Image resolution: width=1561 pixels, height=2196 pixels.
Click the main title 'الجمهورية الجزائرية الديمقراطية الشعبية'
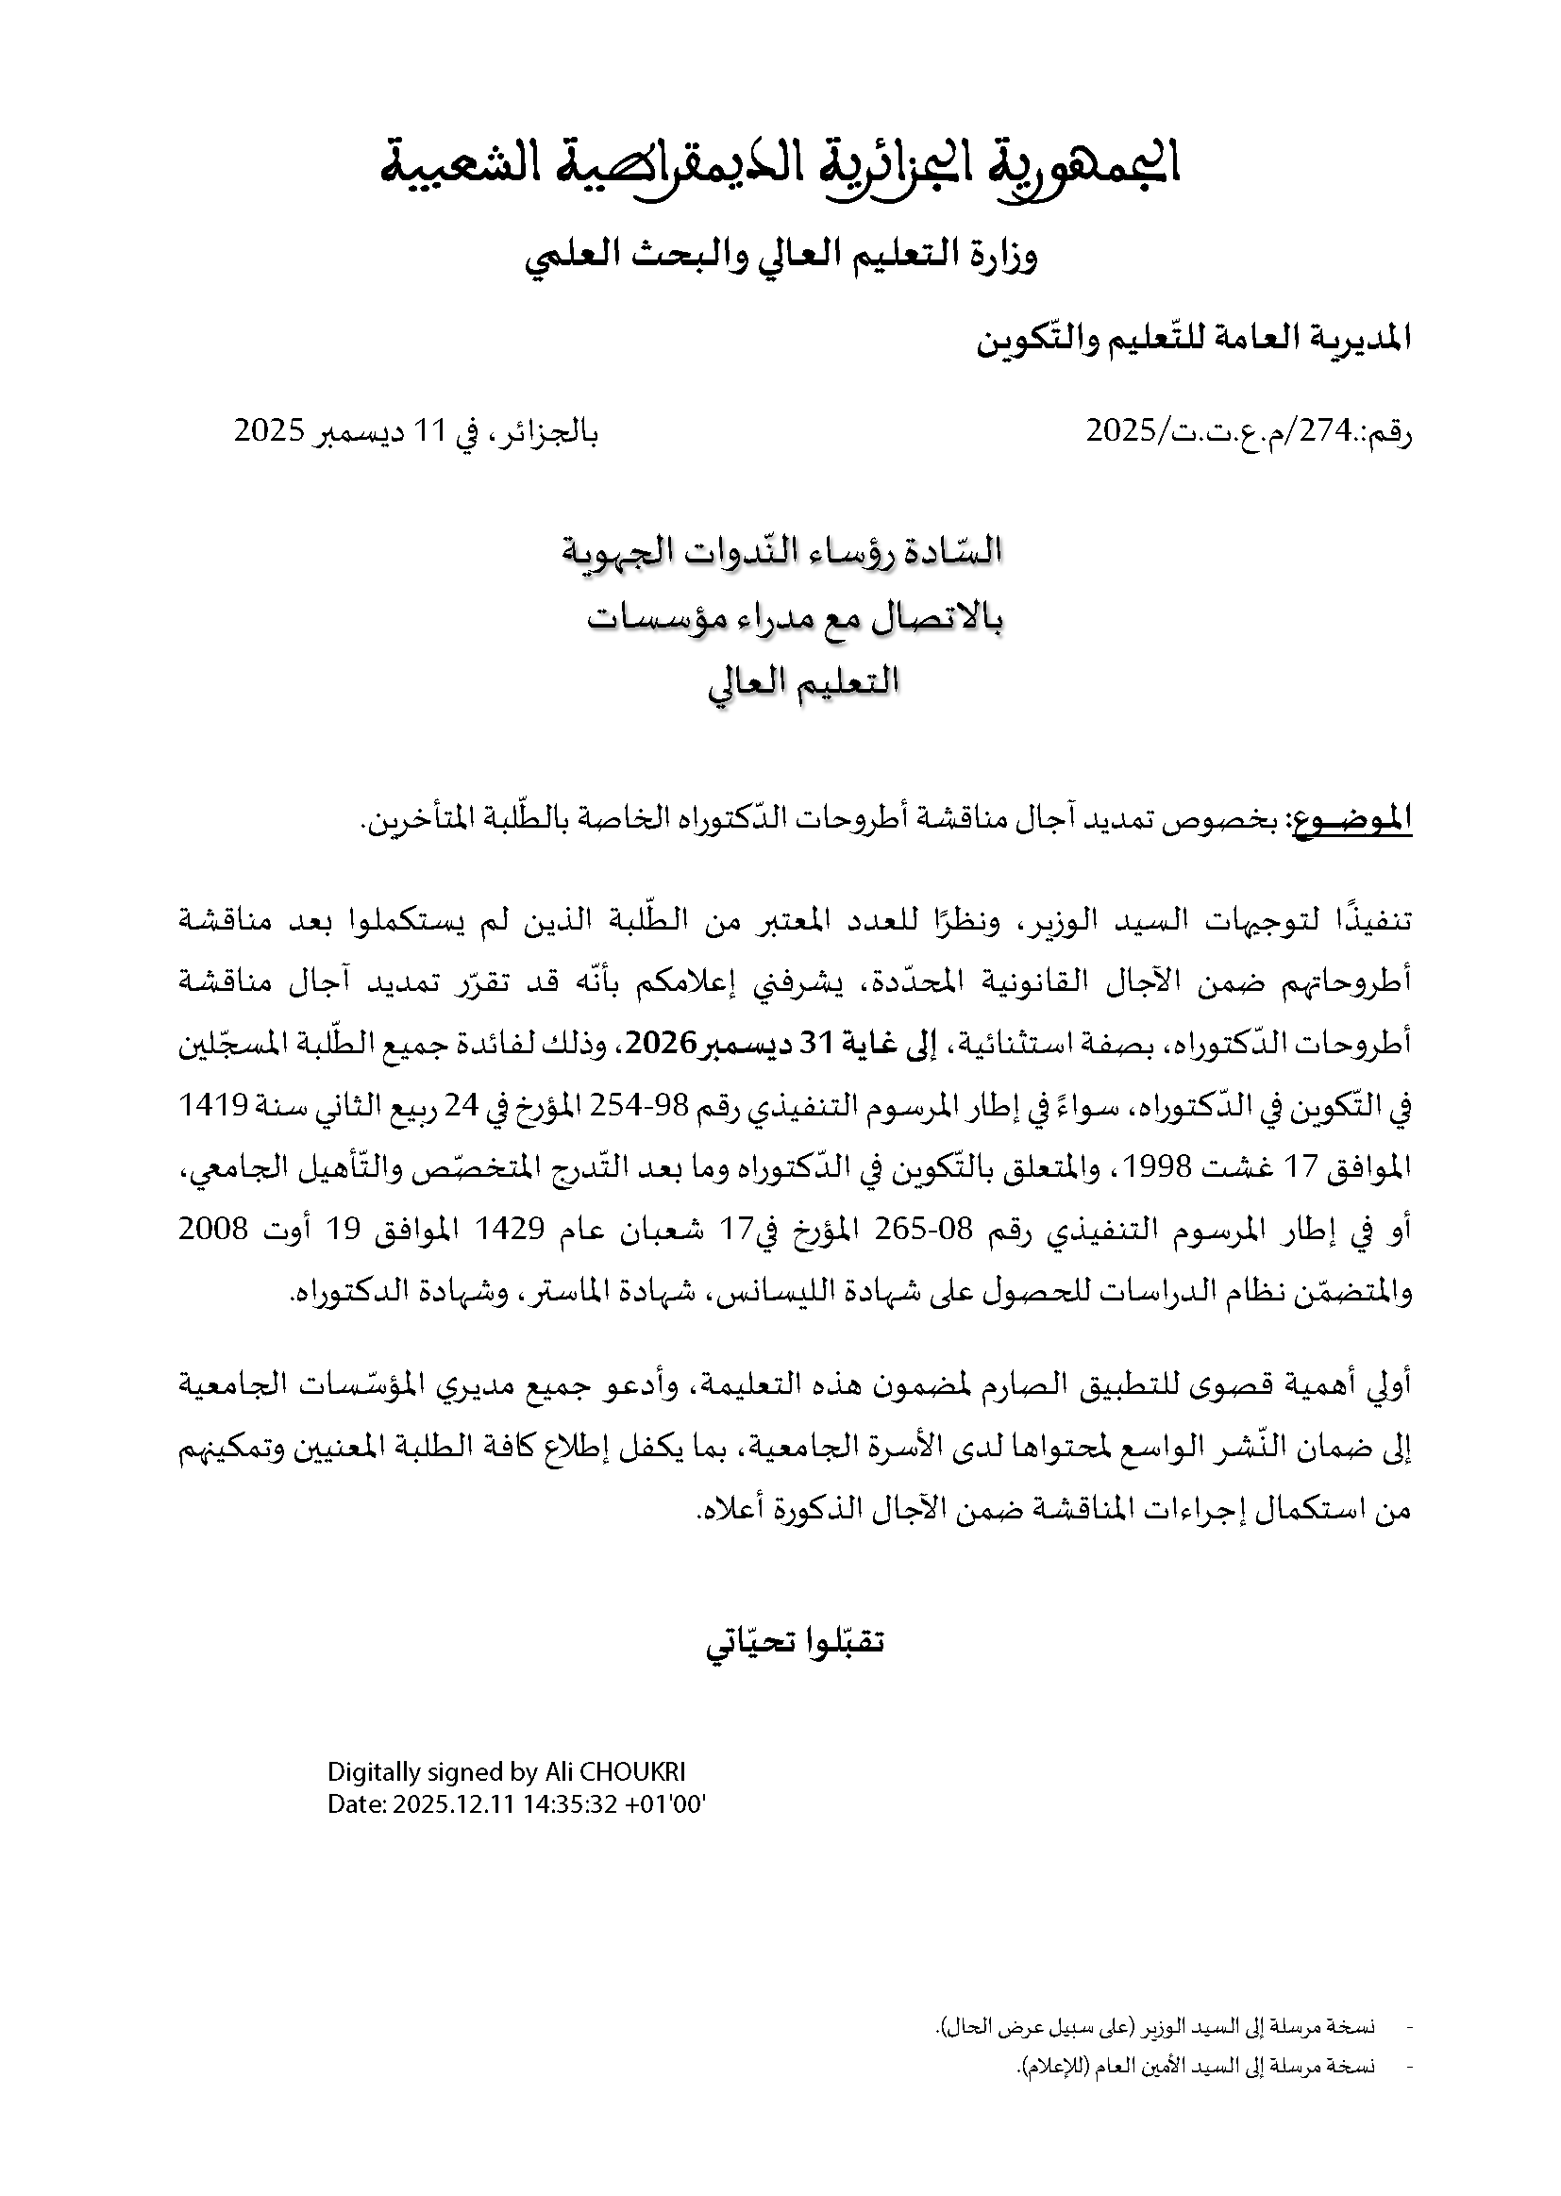780,164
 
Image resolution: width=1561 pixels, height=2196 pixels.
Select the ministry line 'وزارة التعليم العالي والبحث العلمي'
780,255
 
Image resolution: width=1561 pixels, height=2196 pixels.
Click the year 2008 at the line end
213,1230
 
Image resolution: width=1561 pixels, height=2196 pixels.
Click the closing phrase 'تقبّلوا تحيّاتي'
795,1641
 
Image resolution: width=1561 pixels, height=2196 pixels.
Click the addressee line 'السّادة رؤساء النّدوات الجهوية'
780,552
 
